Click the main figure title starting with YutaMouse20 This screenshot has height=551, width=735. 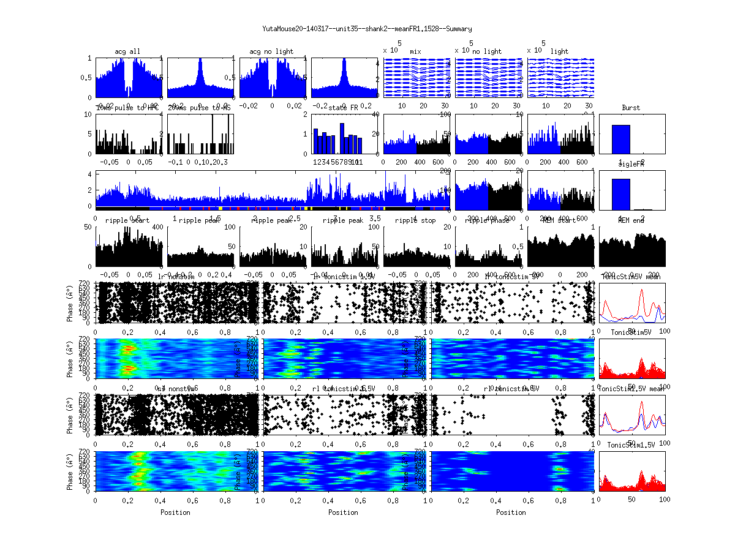click(x=367, y=29)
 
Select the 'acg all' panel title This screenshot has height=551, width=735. click(x=127, y=51)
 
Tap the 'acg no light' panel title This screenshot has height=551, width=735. click(x=272, y=51)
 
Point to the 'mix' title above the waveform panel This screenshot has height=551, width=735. click(x=416, y=51)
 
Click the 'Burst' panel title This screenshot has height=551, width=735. click(x=631, y=108)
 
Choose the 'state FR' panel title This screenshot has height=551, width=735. click(x=343, y=108)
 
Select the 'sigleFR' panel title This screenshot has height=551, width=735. click(x=631, y=165)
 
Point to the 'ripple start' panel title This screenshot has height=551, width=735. click(x=127, y=220)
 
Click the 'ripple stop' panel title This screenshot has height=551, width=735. click(x=415, y=220)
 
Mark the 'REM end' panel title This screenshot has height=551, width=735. click(x=631, y=220)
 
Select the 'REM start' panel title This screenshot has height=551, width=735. click(x=559, y=220)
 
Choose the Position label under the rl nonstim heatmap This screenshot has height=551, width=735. click(x=175, y=512)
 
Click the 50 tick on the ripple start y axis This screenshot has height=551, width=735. click(x=90, y=228)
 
